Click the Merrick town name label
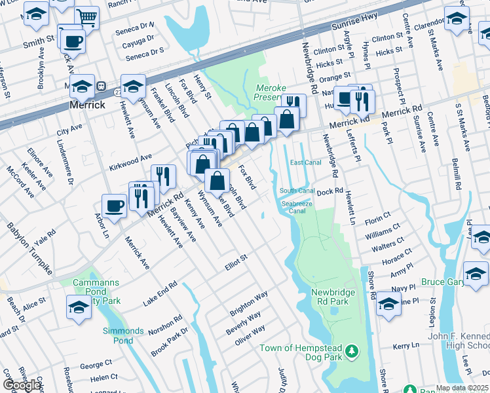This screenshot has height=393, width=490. (x=88, y=105)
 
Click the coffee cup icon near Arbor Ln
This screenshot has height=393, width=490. (x=114, y=206)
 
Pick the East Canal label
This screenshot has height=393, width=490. (x=305, y=162)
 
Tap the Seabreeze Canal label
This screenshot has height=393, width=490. (x=297, y=207)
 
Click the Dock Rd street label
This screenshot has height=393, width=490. (x=330, y=192)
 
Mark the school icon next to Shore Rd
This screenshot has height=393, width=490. (x=388, y=305)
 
